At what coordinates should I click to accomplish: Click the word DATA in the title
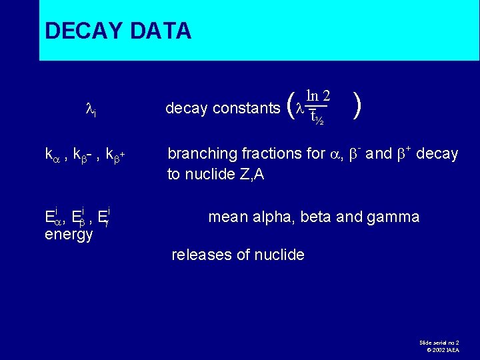click(x=161, y=31)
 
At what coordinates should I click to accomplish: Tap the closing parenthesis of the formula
click(x=359, y=105)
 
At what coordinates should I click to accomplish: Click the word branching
click(x=199, y=154)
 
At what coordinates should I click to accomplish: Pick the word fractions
click(x=266, y=154)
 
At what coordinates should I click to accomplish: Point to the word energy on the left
click(x=69, y=235)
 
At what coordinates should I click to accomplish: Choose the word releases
click(x=201, y=255)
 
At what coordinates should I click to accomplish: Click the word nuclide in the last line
click(x=280, y=255)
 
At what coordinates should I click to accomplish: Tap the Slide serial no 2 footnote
click(x=439, y=341)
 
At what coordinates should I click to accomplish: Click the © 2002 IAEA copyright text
click(x=442, y=349)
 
